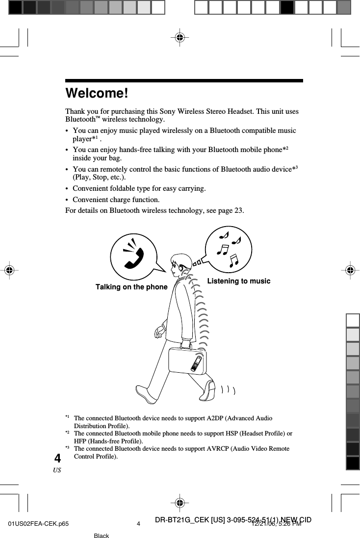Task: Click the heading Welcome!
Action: tap(97, 93)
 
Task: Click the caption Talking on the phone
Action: tap(131, 287)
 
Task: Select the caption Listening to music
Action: tap(238, 281)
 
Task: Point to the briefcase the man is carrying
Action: tap(187, 360)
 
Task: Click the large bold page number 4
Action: tap(58, 459)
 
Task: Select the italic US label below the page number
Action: tap(57, 470)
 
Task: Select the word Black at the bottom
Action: tap(101, 536)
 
